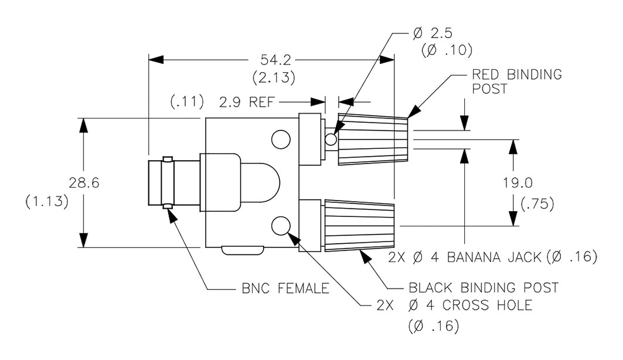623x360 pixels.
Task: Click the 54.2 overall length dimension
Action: tap(275, 60)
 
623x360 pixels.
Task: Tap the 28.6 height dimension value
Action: tap(84, 183)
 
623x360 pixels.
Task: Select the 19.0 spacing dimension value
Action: tap(518, 183)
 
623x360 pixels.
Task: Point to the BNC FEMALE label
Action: tap(285, 288)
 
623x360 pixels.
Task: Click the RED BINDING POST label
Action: tap(517, 81)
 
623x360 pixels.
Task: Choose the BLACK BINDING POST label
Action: tap(484, 287)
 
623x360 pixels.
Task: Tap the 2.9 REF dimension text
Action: tap(247, 102)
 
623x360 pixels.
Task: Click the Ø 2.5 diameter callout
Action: tap(433, 33)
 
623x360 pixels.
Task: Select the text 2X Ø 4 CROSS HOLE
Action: tap(454, 305)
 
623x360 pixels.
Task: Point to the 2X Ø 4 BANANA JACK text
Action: tap(465, 257)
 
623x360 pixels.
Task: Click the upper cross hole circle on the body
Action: tap(281, 139)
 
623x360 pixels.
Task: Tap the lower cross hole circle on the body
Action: tap(281, 226)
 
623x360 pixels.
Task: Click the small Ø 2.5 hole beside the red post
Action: tap(331, 139)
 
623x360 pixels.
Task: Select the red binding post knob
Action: tap(373, 139)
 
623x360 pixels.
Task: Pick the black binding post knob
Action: tap(360, 226)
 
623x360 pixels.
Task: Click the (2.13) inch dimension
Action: tap(274, 77)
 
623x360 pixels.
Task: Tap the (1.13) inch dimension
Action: tap(47, 202)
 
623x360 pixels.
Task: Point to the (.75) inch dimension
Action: tap(537, 204)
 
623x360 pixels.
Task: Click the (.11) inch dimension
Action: tap(187, 101)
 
